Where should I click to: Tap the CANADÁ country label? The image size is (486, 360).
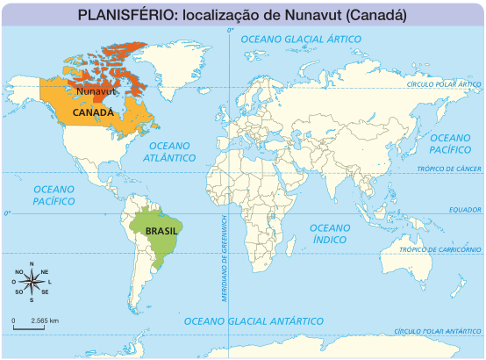coord(92,112)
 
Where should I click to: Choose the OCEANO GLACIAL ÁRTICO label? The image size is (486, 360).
coord(301,40)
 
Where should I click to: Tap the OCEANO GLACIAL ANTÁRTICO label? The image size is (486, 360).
coord(254,321)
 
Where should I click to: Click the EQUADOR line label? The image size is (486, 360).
coord(464,209)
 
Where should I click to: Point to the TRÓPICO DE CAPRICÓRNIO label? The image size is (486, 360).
coord(440,249)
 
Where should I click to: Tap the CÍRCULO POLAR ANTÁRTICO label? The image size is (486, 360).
coord(438,331)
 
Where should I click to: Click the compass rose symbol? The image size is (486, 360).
coord(32,282)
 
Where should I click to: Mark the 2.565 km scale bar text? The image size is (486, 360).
coord(44,320)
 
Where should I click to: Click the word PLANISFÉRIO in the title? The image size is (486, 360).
coord(120,15)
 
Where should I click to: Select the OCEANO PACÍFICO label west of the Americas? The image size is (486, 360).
coord(54,195)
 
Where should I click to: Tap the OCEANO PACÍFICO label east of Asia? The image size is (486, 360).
coord(451,144)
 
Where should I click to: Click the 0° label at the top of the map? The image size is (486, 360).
coord(230,31)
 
